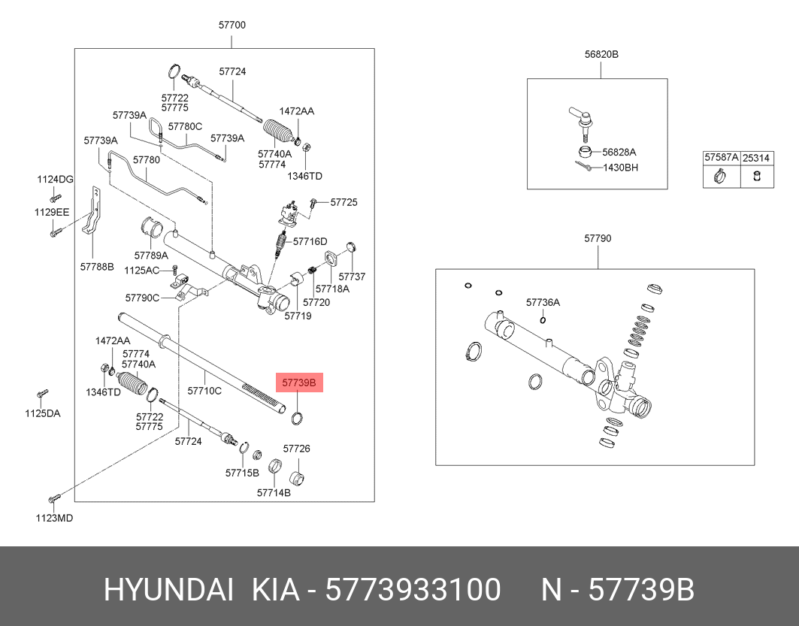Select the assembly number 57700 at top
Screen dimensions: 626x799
pos(232,25)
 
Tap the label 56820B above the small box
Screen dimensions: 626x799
pos(601,55)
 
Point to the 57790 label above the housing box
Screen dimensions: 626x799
pos(598,238)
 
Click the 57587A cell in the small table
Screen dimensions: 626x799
pos(721,159)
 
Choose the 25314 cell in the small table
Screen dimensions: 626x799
pos(756,159)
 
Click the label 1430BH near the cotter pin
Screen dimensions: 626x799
pos(620,168)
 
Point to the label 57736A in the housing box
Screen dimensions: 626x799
pos(543,302)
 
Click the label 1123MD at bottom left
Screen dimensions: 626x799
pos(54,517)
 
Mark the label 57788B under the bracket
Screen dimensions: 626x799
pos(96,266)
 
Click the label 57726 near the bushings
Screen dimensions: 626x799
pos(296,449)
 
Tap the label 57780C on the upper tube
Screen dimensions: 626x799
pos(185,127)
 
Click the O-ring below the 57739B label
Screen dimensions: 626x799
pos(298,418)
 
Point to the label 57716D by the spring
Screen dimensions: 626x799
pos(310,241)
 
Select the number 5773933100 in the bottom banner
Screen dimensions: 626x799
pos(413,591)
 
